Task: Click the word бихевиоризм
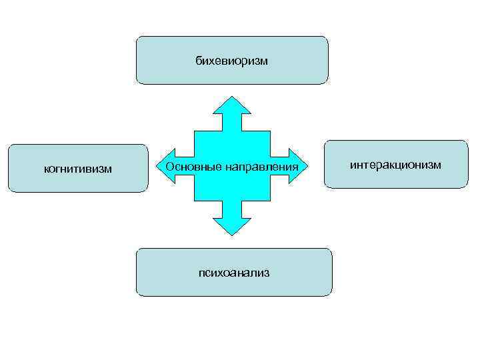point(231,61)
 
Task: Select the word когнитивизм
point(78,169)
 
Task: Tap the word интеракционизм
point(396,164)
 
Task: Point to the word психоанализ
point(234,273)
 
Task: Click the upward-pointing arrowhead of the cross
point(232,105)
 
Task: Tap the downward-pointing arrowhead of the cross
point(232,227)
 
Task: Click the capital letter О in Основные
point(169,165)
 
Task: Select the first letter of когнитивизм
point(46,169)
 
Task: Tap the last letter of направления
point(294,167)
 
